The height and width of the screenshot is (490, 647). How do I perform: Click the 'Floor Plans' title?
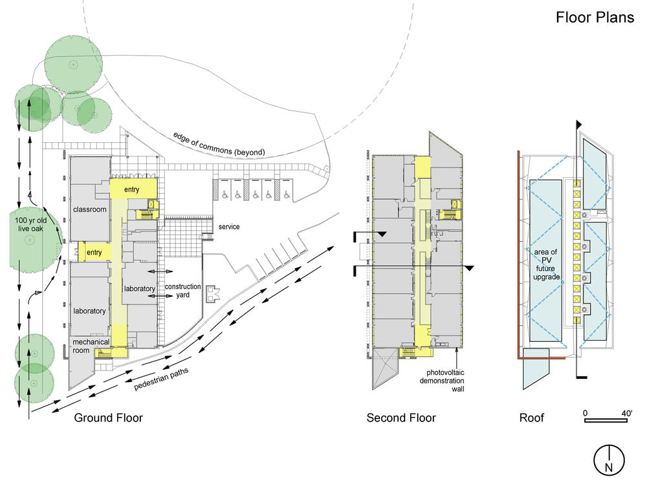595,17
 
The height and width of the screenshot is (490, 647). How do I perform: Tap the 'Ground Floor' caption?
109,418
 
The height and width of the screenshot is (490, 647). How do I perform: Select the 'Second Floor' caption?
401,418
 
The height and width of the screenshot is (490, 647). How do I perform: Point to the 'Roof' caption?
532,418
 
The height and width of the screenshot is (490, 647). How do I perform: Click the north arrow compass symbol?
609,460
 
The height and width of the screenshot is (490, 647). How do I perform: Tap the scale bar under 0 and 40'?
609,421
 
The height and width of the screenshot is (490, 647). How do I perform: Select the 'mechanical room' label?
91,346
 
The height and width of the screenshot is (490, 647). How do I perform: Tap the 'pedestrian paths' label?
161,377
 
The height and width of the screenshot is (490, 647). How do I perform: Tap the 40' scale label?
626,412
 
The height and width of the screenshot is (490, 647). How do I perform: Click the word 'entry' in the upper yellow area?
133,189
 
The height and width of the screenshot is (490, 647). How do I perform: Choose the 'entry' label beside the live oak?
94,252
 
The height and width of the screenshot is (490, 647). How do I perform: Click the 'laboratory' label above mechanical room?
89,311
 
